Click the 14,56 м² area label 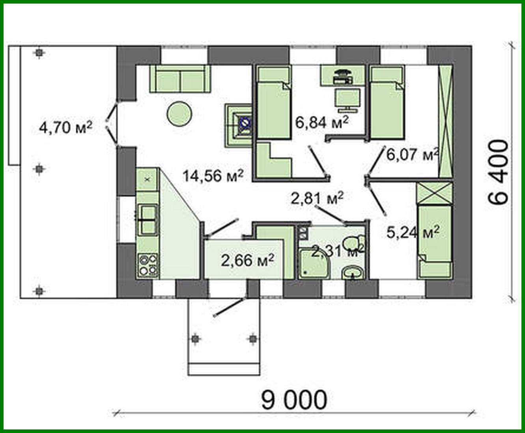pos(212,175)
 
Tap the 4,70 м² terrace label pos(65,127)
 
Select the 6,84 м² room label pos(321,122)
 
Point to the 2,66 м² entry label pos(247,260)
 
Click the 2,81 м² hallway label pos(317,198)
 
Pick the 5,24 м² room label pos(413,233)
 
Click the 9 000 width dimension pos(294,400)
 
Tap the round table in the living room pos(179,114)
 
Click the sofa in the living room pos(180,79)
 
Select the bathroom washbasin pos(353,272)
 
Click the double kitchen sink pos(148,219)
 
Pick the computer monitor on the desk pos(347,99)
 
